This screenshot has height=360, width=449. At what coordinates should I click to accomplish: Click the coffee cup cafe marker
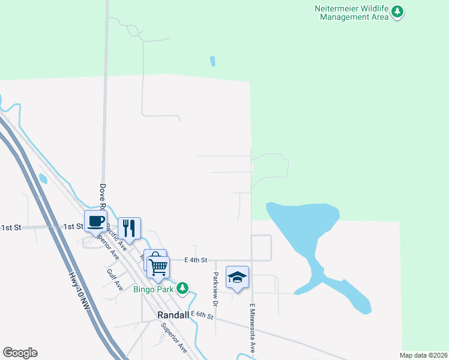(x=96, y=221)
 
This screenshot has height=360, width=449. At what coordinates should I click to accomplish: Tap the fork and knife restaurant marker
(x=129, y=227)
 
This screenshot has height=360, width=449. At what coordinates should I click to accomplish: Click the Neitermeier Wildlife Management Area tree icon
(x=397, y=11)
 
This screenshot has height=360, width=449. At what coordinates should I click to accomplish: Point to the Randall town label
(x=173, y=314)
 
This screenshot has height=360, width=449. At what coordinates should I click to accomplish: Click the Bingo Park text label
(x=152, y=289)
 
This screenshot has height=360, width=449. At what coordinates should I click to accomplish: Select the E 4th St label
(x=196, y=260)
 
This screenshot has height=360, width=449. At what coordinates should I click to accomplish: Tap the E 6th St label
(x=202, y=315)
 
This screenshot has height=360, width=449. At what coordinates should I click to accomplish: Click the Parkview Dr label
(x=214, y=286)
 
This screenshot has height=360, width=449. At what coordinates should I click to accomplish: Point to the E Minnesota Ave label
(x=253, y=328)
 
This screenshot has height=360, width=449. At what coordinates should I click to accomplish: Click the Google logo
(x=20, y=353)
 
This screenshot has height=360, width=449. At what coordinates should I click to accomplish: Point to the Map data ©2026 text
(x=424, y=355)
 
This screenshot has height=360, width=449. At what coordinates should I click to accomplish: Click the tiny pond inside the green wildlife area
(x=212, y=61)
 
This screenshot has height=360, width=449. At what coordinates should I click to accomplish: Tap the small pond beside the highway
(x=43, y=178)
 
